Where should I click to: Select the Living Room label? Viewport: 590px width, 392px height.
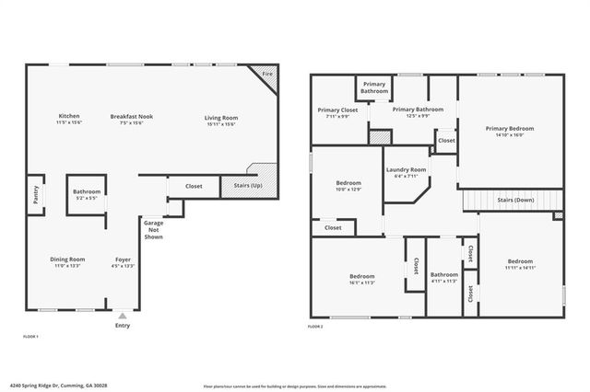pos(221,118)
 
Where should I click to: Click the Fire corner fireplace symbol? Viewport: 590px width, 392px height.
pos(267,75)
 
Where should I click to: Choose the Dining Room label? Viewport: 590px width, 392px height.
pos(67,259)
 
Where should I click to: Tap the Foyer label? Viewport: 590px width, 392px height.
pos(123,259)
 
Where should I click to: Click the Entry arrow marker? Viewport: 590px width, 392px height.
pos(123,316)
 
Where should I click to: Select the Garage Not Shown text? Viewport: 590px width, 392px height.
pos(153,229)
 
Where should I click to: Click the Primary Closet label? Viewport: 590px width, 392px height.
pos(336,109)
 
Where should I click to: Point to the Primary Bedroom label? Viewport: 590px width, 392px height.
pos(510,129)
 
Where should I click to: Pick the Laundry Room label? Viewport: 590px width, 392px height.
pos(406,169)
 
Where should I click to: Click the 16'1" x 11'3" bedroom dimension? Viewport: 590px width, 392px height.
pos(361,282)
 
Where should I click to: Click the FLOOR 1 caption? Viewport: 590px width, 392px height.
pos(30,338)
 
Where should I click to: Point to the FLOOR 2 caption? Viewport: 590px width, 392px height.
pos(315,327)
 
